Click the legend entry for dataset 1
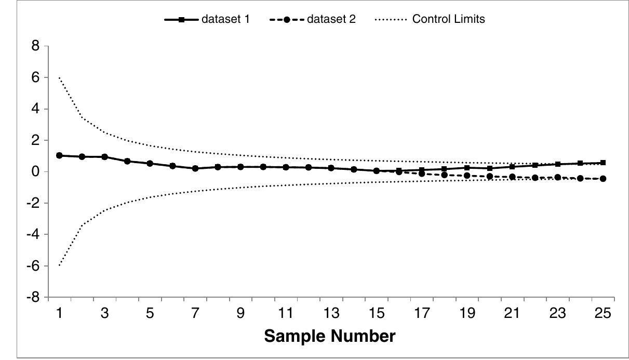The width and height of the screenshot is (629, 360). (208, 20)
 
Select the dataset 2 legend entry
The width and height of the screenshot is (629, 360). (313, 20)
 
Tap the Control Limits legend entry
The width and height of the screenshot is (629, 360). (429, 20)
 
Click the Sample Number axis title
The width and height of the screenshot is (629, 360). (330, 336)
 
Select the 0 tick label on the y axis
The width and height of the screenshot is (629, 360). (36, 172)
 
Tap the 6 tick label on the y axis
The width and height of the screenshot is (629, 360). (36, 77)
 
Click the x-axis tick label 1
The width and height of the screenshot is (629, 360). (59, 313)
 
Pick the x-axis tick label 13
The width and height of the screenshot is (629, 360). (331, 313)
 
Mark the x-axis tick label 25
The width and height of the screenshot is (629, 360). (603, 313)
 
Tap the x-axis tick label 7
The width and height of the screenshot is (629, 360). (195, 313)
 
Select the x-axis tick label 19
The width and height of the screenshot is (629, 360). (467, 313)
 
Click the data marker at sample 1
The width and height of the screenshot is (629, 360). (59, 155)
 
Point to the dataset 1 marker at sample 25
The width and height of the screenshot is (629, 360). (603, 163)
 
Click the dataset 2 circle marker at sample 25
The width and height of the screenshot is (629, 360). (603, 179)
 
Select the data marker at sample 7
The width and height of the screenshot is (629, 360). (195, 168)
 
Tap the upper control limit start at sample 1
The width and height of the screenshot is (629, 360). (59, 77)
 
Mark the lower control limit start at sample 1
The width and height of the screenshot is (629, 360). (59, 265)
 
